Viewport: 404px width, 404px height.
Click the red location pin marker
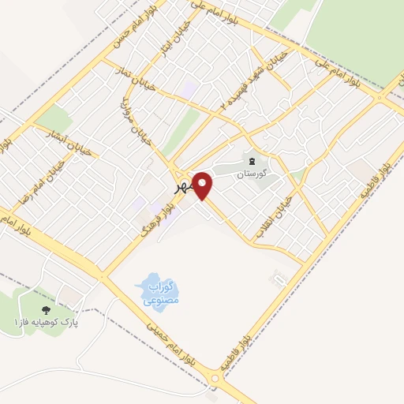204,185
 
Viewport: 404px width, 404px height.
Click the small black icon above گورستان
252,161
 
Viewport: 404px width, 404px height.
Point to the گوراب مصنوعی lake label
163,293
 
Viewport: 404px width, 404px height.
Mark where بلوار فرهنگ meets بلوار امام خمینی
103,275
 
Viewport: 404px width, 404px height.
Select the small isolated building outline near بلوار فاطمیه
277,278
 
